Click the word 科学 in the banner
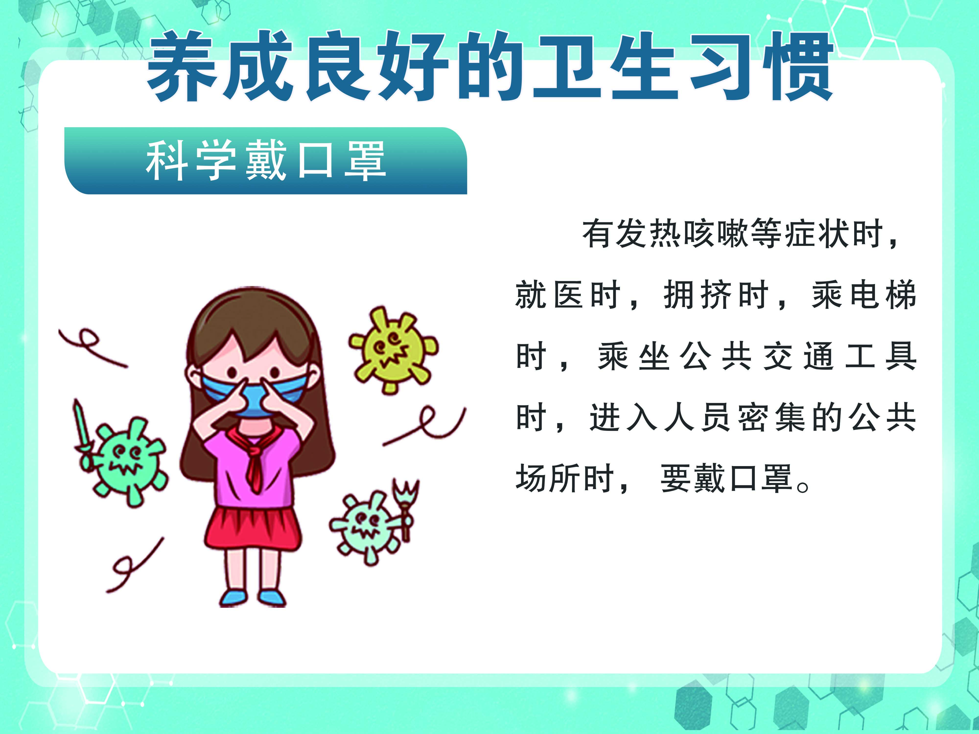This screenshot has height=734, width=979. point(191,160)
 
